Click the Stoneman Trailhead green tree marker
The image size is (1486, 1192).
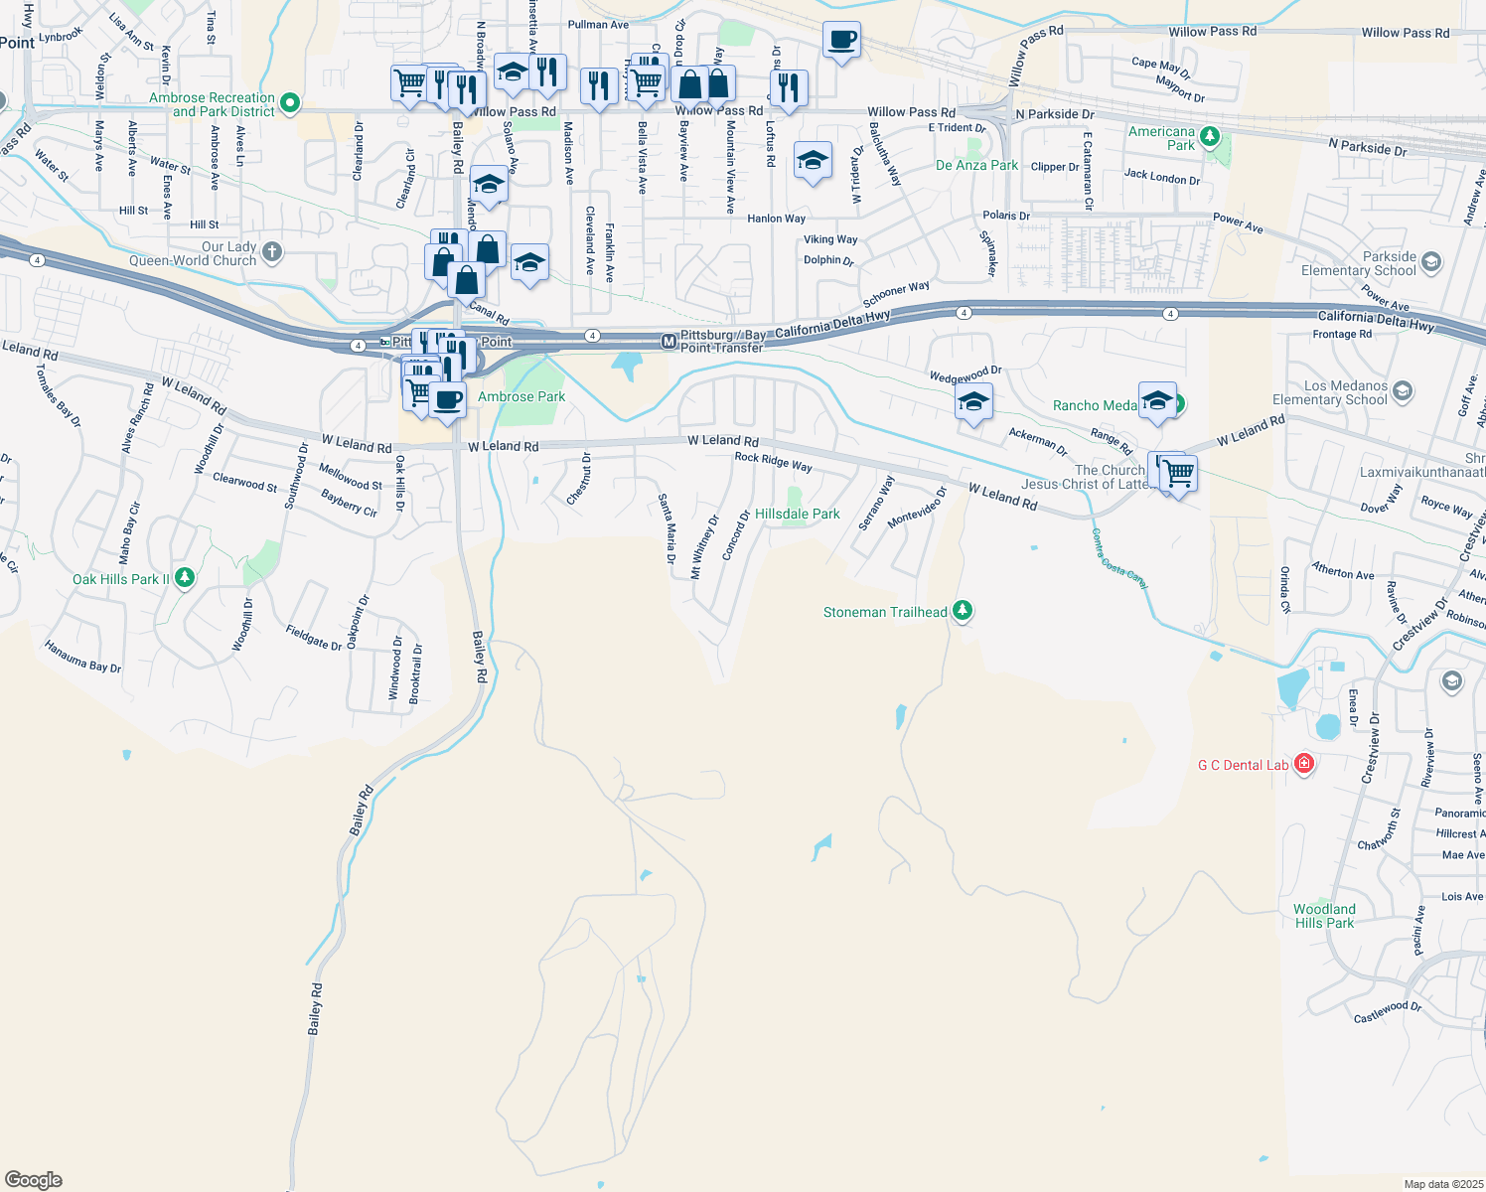click(962, 611)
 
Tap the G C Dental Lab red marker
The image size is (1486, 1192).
click(1304, 764)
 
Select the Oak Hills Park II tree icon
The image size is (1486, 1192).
click(184, 578)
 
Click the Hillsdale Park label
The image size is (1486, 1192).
click(797, 514)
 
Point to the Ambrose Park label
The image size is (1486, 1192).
click(521, 396)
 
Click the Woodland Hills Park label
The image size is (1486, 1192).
click(1324, 916)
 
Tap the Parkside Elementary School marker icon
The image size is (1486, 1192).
click(1430, 262)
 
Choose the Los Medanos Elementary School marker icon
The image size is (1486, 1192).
click(1402, 391)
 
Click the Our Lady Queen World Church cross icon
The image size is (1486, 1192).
click(272, 252)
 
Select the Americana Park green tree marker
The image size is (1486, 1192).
click(1209, 137)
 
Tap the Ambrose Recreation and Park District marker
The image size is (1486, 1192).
click(290, 102)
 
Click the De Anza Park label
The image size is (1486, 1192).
click(976, 165)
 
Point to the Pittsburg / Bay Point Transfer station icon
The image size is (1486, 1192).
click(669, 342)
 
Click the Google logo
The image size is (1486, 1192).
click(34, 1180)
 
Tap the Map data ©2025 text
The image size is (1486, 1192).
click(1443, 1184)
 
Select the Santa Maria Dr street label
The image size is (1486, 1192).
click(667, 529)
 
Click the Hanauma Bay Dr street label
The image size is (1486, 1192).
click(82, 657)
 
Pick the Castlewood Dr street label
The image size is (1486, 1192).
click(1387, 1012)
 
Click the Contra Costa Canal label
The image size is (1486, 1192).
click(1119, 559)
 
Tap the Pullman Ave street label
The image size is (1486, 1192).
click(598, 25)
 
